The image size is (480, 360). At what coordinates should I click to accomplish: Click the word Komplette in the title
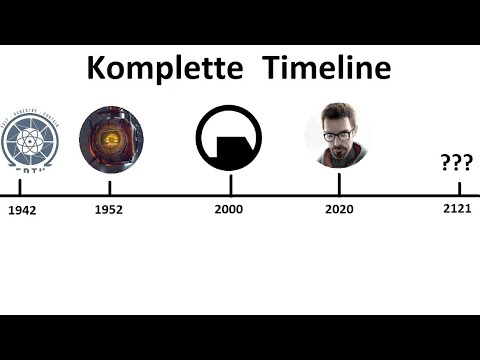click(x=164, y=68)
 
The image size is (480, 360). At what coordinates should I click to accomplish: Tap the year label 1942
click(x=21, y=211)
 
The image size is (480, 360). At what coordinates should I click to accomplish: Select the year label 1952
click(x=109, y=210)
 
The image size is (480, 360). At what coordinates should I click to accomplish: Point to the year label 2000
click(x=229, y=210)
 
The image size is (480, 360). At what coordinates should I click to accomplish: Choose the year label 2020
click(x=340, y=210)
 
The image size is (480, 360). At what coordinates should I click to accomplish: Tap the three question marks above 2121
click(x=456, y=163)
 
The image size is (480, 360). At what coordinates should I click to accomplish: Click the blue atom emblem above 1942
click(x=28, y=139)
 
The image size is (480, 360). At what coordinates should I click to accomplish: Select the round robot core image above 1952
click(x=110, y=138)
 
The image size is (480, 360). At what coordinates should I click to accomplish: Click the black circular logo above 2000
click(x=230, y=138)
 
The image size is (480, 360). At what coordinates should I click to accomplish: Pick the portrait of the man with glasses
click(x=338, y=135)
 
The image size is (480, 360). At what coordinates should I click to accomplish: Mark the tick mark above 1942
click(x=20, y=187)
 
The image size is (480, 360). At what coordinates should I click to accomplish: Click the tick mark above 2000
click(x=230, y=185)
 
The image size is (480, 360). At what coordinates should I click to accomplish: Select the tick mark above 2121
click(x=459, y=187)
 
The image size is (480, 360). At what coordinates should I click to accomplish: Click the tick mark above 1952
click(x=109, y=187)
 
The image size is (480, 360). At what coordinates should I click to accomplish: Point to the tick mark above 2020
click(x=339, y=185)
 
